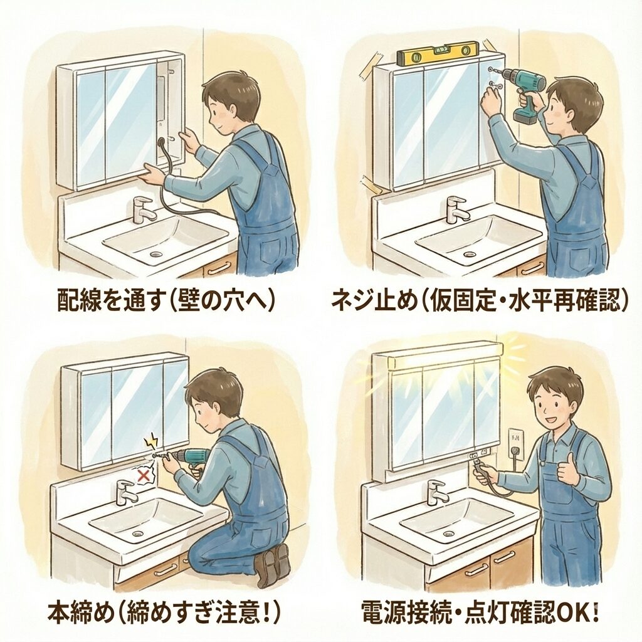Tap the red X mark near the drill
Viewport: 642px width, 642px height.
pyautogui.click(x=144, y=475)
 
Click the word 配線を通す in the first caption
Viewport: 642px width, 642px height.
pyautogui.click(x=110, y=302)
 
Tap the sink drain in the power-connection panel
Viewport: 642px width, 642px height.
pyautogui.click(x=449, y=534)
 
